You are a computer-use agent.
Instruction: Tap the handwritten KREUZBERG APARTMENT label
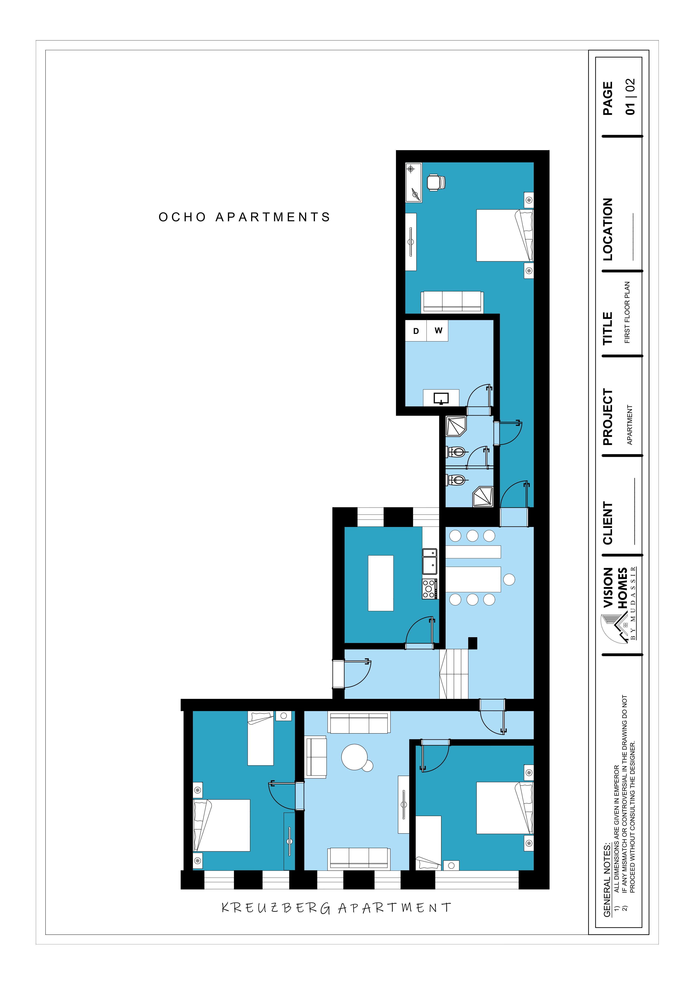[x=336, y=908]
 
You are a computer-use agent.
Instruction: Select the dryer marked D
[x=416, y=331]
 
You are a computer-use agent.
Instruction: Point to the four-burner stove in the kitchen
[x=430, y=588]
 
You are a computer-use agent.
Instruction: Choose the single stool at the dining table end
[x=509, y=579]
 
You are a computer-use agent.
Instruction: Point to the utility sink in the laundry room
[x=441, y=398]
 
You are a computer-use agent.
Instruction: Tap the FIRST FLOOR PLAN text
[x=627, y=312]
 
